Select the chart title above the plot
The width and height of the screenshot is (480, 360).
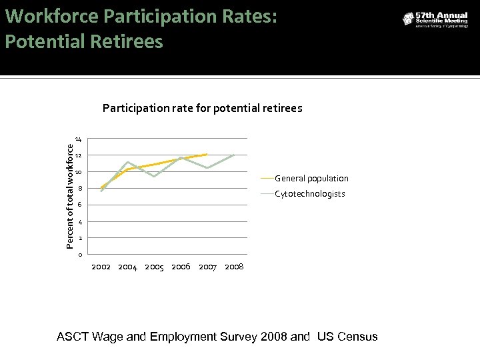(x=202, y=108)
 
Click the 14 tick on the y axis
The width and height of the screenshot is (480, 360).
(x=79, y=139)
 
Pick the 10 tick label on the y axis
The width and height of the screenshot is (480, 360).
(x=79, y=172)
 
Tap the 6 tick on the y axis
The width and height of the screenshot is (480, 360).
(x=79, y=205)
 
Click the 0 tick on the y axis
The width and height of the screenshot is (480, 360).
(x=79, y=255)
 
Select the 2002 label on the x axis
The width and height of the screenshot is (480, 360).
(x=101, y=267)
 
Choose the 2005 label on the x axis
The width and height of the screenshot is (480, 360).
(x=154, y=267)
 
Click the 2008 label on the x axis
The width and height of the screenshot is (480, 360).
(x=234, y=267)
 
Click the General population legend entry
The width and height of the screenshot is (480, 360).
(x=311, y=179)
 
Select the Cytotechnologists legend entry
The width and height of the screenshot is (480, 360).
(x=310, y=194)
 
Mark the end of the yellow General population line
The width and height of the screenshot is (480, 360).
(x=207, y=155)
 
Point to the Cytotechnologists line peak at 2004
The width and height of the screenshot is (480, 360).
(x=127, y=162)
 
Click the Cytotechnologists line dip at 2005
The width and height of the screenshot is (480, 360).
(x=154, y=177)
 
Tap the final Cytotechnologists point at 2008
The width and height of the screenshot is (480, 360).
(x=234, y=154)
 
